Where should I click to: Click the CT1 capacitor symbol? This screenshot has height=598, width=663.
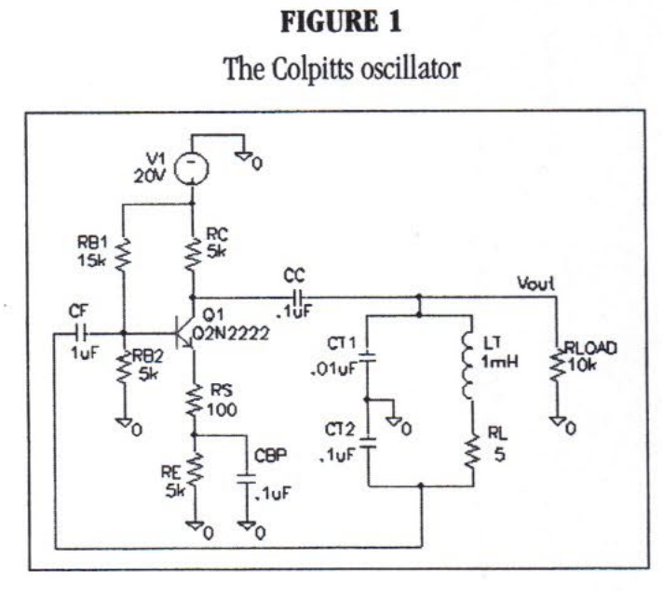(367, 357)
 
